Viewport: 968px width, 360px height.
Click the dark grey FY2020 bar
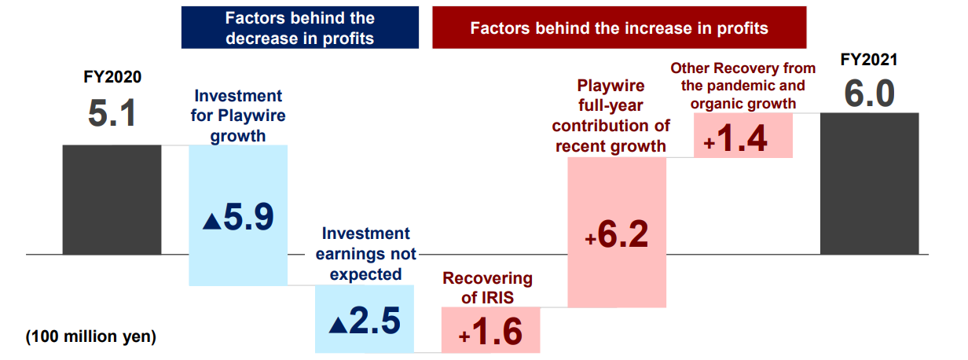click(112, 200)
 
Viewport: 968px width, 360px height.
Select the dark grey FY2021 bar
click(869, 183)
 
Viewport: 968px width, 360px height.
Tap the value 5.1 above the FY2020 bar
click(112, 114)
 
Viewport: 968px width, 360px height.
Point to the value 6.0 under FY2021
click(869, 94)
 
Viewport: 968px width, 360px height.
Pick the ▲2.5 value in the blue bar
click(365, 321)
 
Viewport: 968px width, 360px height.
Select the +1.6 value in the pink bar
click(490, 332)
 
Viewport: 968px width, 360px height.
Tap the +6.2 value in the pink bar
click(617, 234)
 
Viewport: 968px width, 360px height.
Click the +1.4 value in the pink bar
click(743, 139)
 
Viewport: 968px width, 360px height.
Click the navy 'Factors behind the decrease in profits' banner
click(299, 28)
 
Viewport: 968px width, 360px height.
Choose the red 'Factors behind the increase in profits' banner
click(619, 28)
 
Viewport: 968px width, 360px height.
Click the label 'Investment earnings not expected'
click(365, 254)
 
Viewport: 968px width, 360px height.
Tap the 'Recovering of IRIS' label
click(487, 288)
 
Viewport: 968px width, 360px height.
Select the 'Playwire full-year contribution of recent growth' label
click(610, 115)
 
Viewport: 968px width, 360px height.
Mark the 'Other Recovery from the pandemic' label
click(742, 77)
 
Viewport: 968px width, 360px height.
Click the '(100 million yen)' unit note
click(91, 337)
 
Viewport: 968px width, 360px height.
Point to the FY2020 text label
click(112, 78)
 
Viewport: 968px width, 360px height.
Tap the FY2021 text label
click(869, 61)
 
